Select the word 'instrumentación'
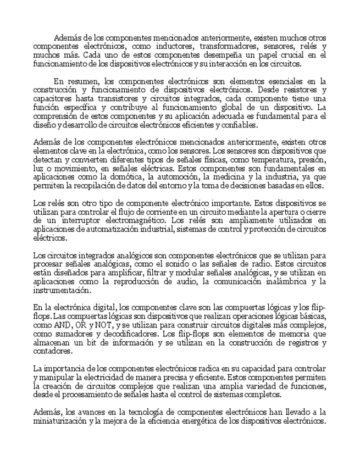click(61, 290)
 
